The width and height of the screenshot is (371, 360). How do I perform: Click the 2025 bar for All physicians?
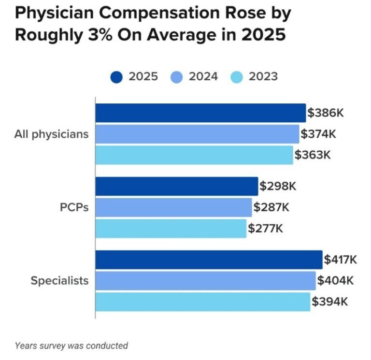(x=200, y=113)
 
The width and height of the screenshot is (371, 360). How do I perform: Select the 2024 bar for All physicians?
(x=197, y=134)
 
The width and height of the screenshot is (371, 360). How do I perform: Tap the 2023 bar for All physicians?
(x=194, y=155)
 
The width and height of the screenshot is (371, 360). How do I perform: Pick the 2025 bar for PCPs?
(x=177, y=186)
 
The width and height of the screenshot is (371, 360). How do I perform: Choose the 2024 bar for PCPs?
(x=174, y=207)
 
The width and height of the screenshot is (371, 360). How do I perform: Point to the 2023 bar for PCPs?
(x=171, y=228)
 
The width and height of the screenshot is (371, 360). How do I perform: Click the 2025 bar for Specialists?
(x=209, y=259)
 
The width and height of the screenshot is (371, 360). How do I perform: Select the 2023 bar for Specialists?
(x=203, y=302)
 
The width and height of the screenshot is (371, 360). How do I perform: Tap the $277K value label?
(x=265, y=229)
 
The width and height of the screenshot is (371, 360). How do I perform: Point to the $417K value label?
(x=341, y=260)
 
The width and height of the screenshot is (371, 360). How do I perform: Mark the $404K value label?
(x=335, y=281)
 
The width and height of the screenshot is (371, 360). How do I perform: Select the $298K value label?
(x=277, y=187)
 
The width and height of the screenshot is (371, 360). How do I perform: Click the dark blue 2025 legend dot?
(x=117, y=77)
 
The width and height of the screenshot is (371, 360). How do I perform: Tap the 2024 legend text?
(x=203, y=77)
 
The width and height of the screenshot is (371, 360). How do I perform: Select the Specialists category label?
(x=59, y=281)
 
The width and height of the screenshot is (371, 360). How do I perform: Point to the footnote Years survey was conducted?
(x=71, y=346)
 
